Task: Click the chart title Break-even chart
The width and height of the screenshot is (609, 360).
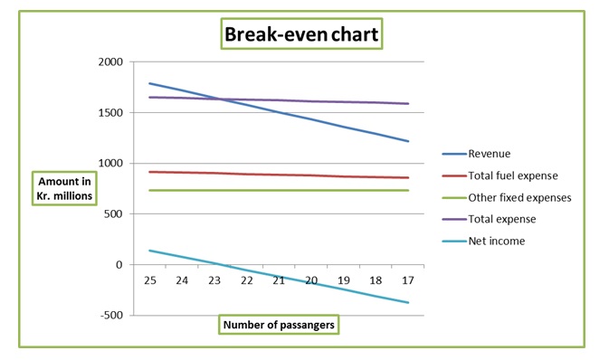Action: (303, 35)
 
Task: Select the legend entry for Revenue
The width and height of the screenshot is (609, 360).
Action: (490, 154)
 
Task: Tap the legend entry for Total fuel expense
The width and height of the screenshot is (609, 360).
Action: (513, 175)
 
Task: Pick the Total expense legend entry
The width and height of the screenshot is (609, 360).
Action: (502, 219)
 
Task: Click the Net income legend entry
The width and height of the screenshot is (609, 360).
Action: (495, 241)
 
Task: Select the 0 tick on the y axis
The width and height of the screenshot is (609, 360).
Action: (119, 265)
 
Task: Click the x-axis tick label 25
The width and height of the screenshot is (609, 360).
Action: (150, 280)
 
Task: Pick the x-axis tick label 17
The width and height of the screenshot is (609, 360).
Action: (407, 280)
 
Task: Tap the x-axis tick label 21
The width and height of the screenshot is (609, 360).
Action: (279, 280)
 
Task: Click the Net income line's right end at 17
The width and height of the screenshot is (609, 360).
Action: (408, 302)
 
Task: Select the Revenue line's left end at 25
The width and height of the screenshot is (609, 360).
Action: (149, 83)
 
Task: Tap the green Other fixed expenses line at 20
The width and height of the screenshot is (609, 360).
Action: (311, 190)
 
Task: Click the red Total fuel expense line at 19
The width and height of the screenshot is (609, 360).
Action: (343, 176)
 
